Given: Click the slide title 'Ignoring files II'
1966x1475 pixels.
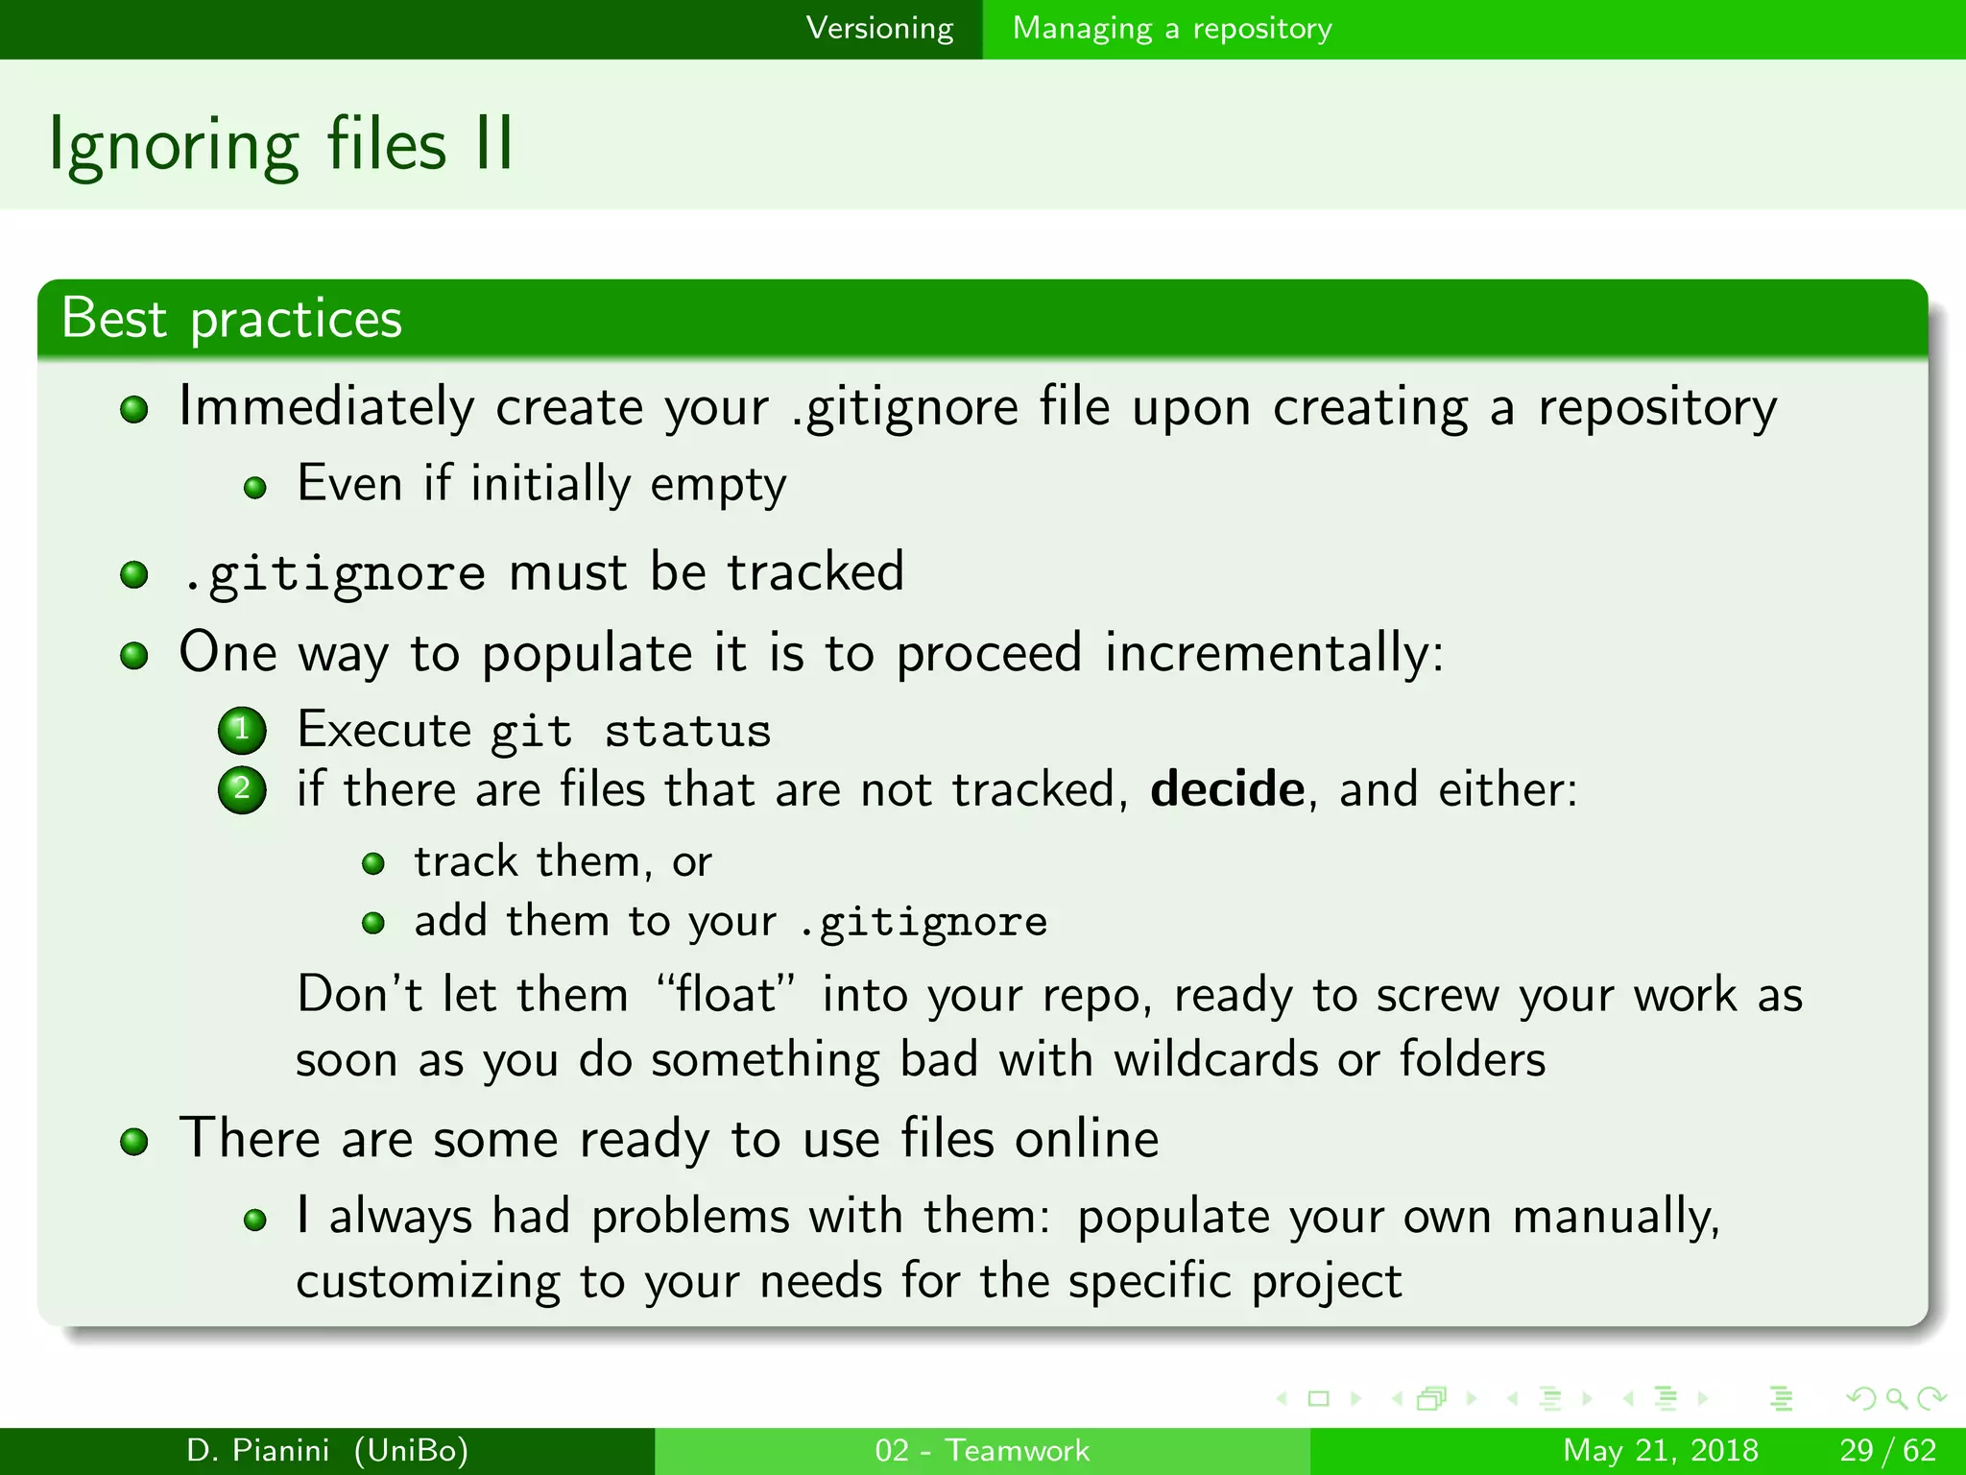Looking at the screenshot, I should [x=281, y=145].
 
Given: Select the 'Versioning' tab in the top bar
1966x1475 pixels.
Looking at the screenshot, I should [x=879, y=29].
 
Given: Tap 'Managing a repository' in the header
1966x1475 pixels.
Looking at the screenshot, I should [x=1172, y=29].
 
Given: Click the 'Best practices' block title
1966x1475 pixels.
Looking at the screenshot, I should [x=231, y=319].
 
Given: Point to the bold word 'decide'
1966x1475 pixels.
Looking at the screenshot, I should [x=1227, y=789].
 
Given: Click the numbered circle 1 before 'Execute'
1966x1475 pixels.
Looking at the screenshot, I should [x=242, y=730].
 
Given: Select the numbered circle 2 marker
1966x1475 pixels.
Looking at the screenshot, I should [x=242, y=790].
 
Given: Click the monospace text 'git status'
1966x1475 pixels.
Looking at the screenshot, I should [x=631, y=732].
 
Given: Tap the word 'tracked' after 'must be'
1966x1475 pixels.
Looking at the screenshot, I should [x=815, y=572].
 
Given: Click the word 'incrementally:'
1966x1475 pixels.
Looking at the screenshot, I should [x=1274, y=653].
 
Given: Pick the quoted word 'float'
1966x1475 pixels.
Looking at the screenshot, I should [x=726, y=994].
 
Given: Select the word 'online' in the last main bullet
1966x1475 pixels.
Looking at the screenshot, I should [x=1087, y=1140].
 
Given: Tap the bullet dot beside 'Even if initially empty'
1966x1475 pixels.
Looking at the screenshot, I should [x=254, y=488].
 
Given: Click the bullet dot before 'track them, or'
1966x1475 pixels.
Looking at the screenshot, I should [x=373, y=864].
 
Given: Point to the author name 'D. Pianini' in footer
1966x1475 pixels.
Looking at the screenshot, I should [x=257, y=1450].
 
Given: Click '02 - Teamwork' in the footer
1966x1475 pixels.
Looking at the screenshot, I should [x=982, y=1450].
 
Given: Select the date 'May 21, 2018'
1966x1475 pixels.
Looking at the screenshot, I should [x=1660, y=1450].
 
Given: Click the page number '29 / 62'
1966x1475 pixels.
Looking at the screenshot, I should [x=1887, y=1450].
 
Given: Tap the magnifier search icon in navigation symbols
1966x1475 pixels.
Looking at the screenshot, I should [x=1896, y=1398].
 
